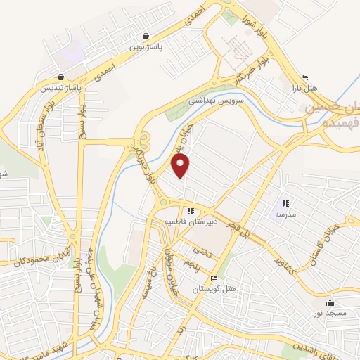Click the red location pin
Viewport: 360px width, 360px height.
pyautogui.click(x=181, y=166)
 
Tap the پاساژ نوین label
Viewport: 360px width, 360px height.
pyautogui.click(x=146, y=48)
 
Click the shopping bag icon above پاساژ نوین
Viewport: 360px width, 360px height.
pyautogui.click(x=146, y=37)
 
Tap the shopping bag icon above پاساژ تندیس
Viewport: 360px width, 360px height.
pyautogui.click(x=61, y=77)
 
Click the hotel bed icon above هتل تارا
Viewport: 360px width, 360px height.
pyautogui.click(x=304, y=78)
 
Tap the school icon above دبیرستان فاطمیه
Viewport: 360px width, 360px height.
pyautogui.click(x=191, y=210)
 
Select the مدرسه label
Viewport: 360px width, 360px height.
pyautogui.click(x=285, y=214)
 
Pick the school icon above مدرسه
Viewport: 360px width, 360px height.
pyautogui.click(x=285, y=203)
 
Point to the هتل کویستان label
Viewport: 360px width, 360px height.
pyautogui.click(x=214, y=289)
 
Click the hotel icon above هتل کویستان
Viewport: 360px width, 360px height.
pyautogui.click(x=214, y=278)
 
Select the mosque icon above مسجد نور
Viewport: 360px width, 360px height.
pyautogui.click(x=330, y=303)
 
